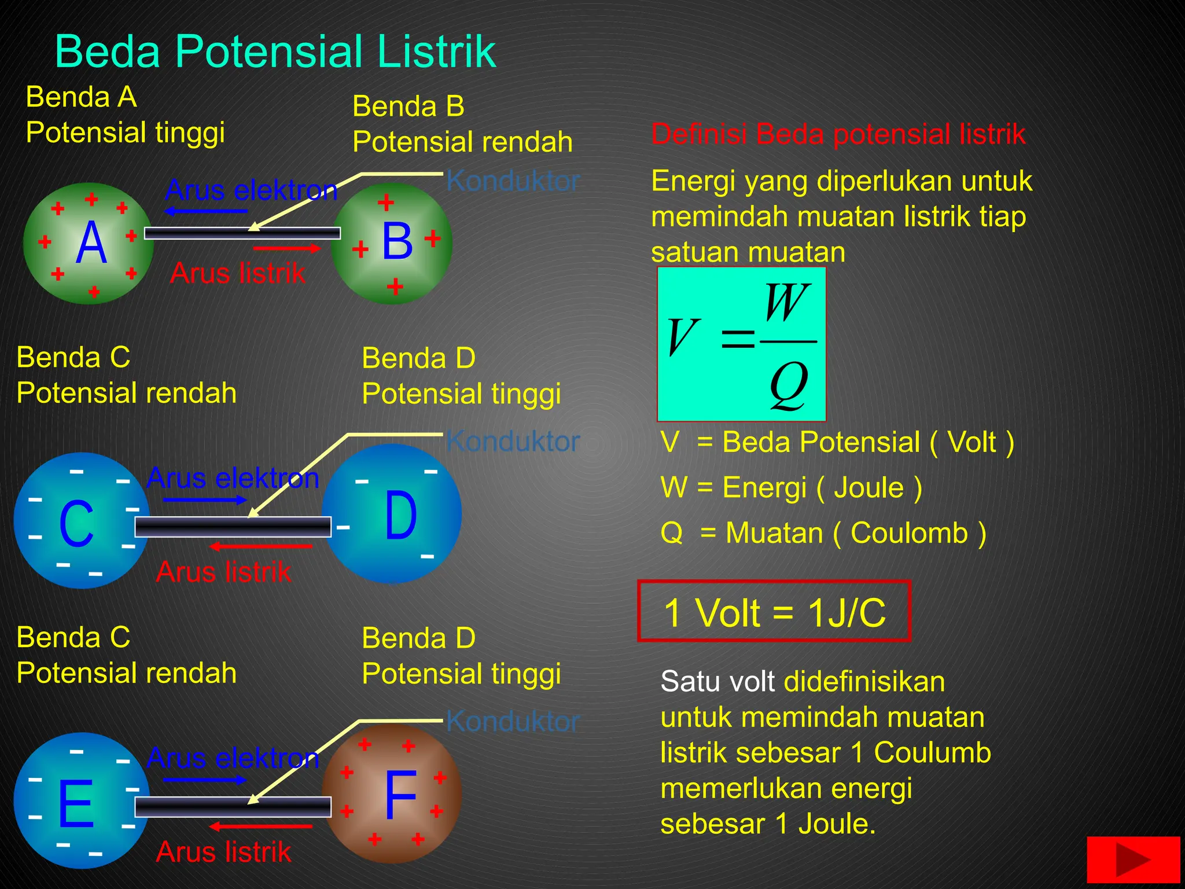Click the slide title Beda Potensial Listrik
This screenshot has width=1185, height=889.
[x=275, y=52]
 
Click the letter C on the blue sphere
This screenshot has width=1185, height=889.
[x=76, y=524]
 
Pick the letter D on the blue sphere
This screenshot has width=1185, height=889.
[x=400, y=515]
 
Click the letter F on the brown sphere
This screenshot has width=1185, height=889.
[x=400, y=796]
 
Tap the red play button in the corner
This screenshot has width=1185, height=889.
[x=1132, y=859]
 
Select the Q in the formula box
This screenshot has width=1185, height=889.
[x=788, y=384]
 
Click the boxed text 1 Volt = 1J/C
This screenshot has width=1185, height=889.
[x=774, y=612]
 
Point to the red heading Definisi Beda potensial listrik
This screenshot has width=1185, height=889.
[x=838, y=134]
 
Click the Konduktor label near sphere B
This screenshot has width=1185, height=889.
[x=513, y=181]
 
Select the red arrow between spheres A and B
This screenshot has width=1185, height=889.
[x=287, y=249]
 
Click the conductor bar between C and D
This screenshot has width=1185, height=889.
[x=233, y=527]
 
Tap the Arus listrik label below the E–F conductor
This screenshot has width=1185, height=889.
[x=223, y=852]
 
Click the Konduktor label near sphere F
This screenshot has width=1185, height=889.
[x=513, y=722]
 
